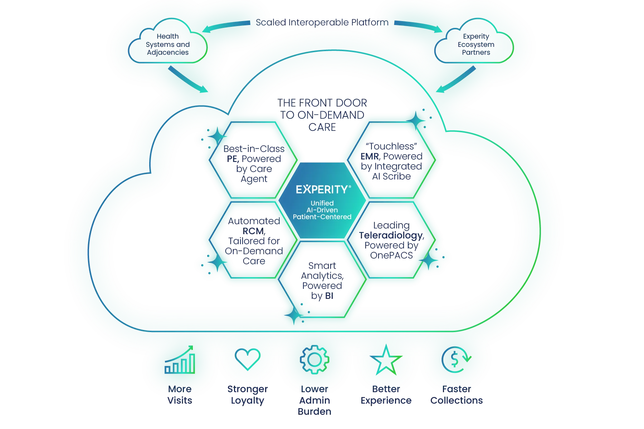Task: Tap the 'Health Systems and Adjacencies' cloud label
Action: coord(168,44)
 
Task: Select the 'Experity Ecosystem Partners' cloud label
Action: coord(476,44)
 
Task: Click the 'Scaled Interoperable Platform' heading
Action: coord(322,23)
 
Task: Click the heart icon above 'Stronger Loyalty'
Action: coord(247,359)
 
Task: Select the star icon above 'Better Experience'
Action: coord(386,360)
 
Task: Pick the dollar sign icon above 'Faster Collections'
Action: coord(456,360)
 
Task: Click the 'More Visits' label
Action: coord(180,395)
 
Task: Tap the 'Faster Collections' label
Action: coord(457,395)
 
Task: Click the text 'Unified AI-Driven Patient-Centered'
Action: coord(322,210)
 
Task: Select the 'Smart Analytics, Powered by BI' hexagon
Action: coord(322,281)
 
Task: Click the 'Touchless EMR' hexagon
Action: coord(392,161)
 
